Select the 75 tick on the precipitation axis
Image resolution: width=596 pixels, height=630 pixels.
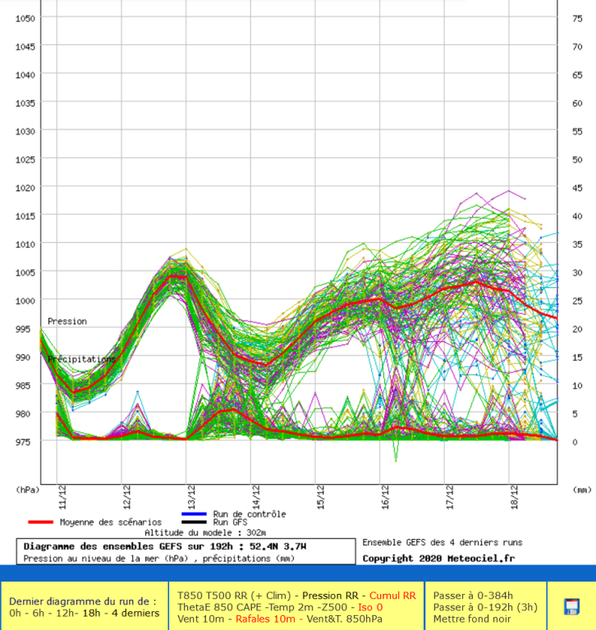click(x=577, y=18)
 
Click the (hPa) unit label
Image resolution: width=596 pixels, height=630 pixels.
click(x=27, y=489)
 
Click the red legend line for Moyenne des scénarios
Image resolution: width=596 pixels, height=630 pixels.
click(x=40, y=522)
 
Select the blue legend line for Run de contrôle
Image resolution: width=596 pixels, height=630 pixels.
click(x=194, y=514)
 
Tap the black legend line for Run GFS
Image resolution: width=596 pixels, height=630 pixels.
click(x=194, y=522)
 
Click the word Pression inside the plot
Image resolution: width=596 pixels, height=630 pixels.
click(x=66, y=322)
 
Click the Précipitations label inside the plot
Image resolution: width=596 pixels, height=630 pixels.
click(x=81, y=359)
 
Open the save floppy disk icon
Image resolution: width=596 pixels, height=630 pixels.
click(x=571, y=606)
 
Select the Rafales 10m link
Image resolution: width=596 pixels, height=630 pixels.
click(x=265, y=619)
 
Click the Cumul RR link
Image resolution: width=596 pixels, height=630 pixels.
click(x=392, y=595)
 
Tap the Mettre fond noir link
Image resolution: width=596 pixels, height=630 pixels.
click(x=472, y=619)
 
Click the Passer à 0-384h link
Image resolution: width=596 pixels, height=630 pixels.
click(x=475, y=595)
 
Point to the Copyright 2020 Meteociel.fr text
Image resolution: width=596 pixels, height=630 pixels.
click(x=438, y=558)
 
